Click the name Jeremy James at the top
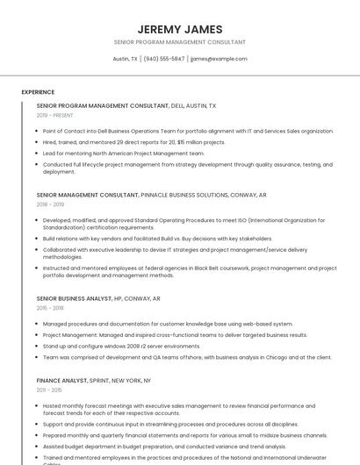[180, 29]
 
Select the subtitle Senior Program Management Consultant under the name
[180, 42]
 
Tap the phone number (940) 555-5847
[164, 59]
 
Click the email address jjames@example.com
[219, 59]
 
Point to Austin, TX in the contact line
[126, 59]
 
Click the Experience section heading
[38, 92]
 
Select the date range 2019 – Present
[55, 115]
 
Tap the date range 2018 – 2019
[51, 204]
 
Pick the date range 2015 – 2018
[51, 308]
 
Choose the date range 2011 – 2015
[50, 390]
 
